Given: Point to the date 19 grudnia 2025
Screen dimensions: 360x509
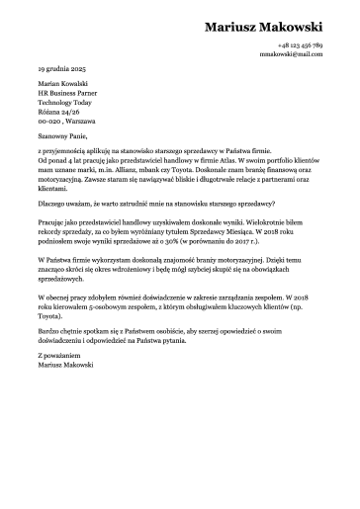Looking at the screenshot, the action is pos(62,71).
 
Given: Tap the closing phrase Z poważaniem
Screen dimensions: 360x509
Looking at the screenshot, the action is pos(57,356).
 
